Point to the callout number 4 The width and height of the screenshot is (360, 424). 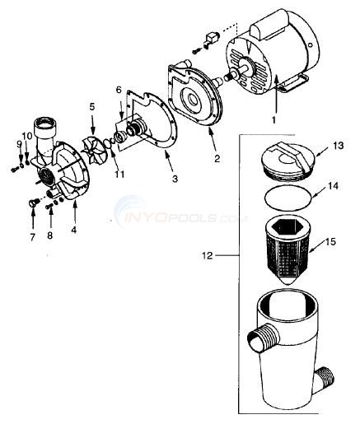73,228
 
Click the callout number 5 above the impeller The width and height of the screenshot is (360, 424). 92,108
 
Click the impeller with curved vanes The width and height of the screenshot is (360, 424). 97,153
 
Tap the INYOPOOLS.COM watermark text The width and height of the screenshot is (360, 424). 182,218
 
